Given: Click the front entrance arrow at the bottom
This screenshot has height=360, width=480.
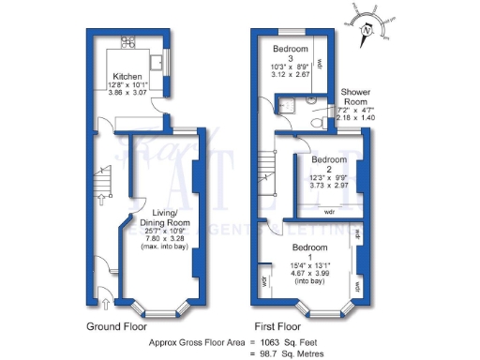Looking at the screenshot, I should tap(103, 302).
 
